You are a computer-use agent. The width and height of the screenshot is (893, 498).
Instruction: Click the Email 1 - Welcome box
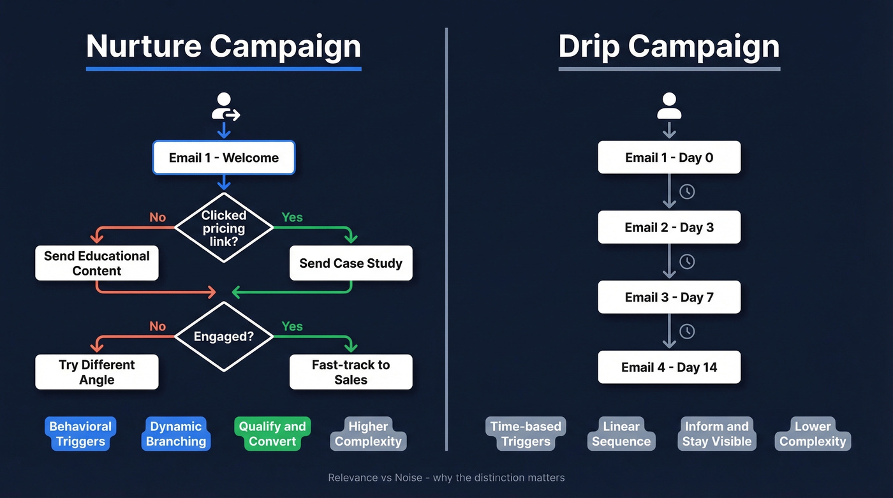[223, 157]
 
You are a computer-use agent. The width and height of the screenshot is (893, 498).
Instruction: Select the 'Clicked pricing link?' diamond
[223, 228]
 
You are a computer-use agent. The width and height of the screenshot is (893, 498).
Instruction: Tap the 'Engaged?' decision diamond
[223, 336]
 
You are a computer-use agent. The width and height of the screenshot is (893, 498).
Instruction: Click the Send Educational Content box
[96, 263]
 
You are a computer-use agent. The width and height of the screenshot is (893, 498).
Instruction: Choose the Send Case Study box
[351, 263]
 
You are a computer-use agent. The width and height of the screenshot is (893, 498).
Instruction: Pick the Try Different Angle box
[96, 372]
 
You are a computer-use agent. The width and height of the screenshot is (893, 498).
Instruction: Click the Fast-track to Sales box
[351, 372]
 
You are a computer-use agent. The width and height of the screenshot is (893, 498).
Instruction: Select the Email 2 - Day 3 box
[669, 228]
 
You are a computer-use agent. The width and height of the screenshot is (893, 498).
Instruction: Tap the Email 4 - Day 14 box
[669, 367]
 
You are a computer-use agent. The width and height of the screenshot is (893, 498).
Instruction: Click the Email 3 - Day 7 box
[669, 297]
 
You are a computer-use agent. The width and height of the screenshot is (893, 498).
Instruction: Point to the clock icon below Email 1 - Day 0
[687, 191]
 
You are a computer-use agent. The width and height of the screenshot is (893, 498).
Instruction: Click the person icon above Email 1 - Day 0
[669, 106]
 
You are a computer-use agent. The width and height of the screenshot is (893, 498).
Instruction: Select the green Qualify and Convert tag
[272, 434]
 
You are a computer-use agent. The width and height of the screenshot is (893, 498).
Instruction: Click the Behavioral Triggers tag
[80, 434]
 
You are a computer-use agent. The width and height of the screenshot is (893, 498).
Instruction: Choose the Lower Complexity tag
[813, 434]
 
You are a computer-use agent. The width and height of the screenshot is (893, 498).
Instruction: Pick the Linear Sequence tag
[621, 434]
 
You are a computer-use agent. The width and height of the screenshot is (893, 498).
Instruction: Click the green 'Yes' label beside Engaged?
[292, 326]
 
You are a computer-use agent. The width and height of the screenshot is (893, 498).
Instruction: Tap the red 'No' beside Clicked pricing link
[158, 217]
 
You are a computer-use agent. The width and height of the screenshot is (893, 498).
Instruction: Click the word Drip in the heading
[587, 47]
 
